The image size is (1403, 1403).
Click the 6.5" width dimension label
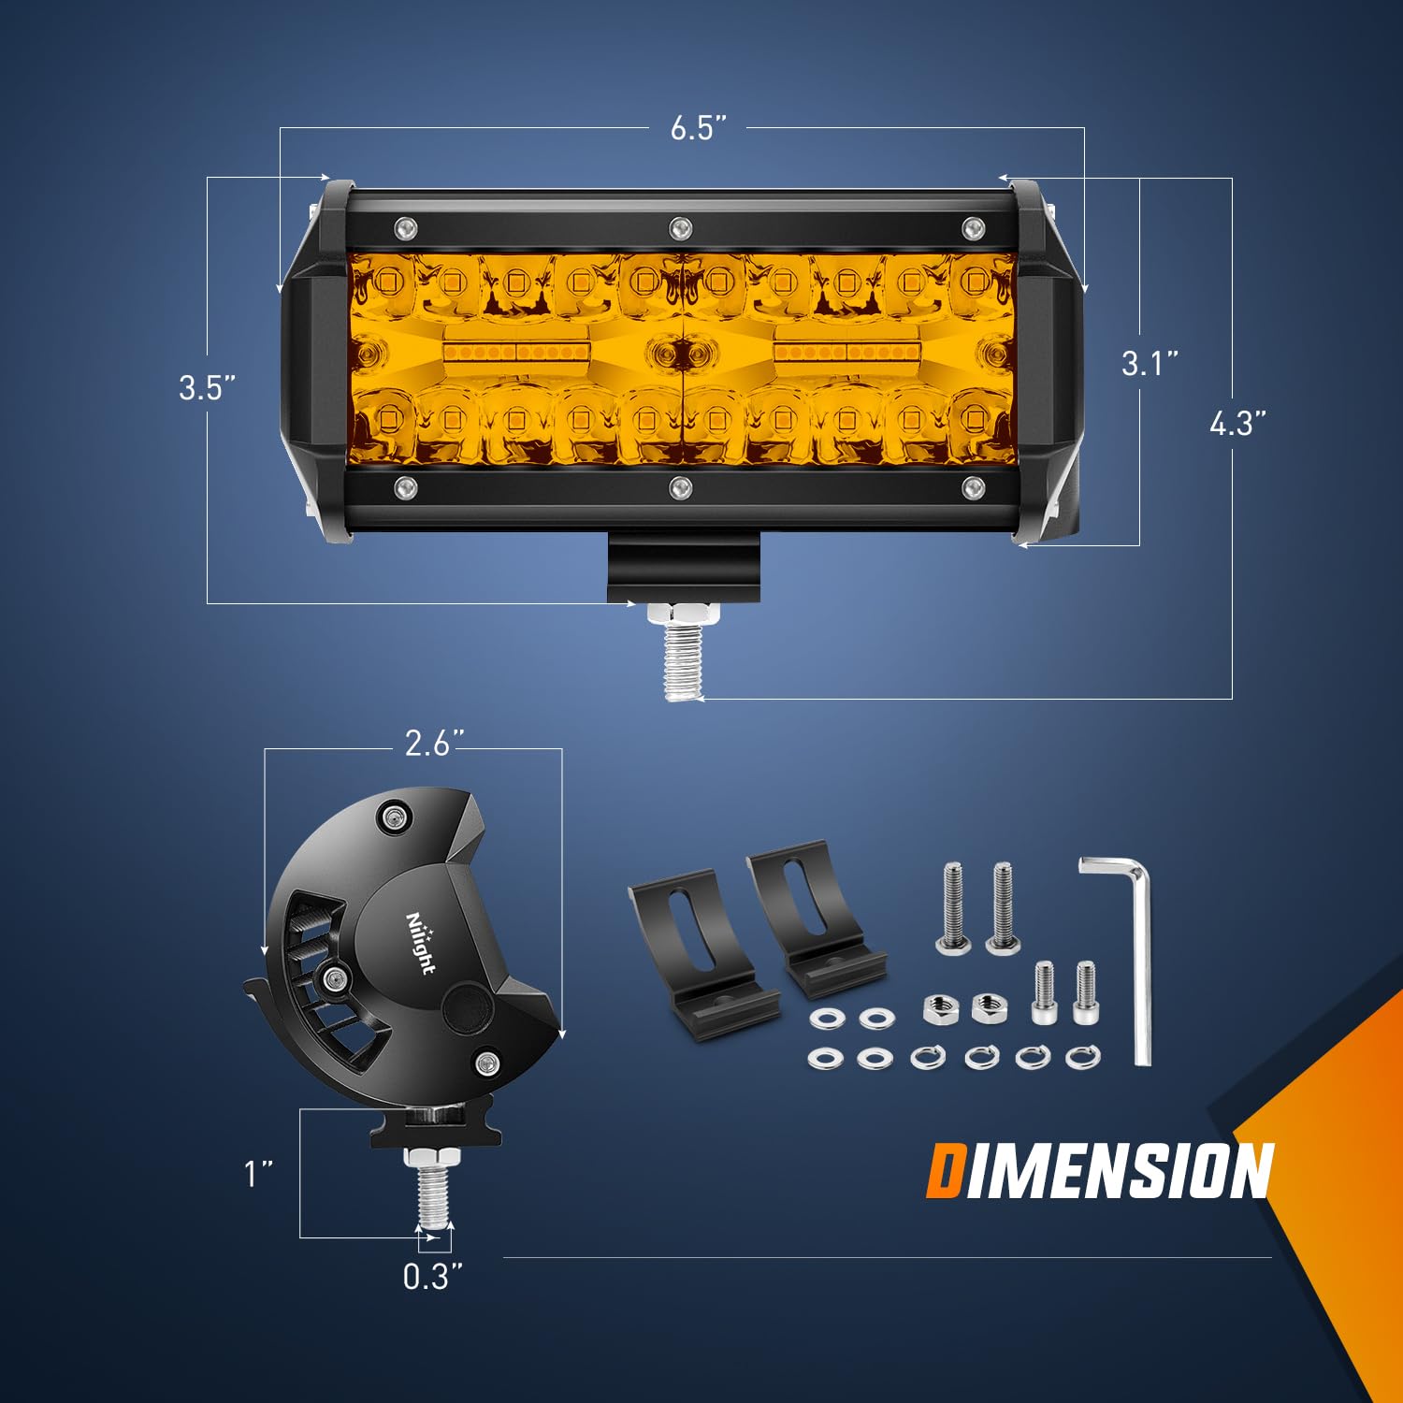698,128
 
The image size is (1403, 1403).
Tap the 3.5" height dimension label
207,387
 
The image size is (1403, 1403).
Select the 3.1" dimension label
1150,363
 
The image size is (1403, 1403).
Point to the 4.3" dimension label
1237,423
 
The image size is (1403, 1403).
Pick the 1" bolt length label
258,1173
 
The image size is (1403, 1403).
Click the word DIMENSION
1100,1171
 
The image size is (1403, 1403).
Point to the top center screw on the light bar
680,226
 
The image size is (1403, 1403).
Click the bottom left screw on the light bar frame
405,486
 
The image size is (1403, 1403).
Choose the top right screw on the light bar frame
973,226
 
